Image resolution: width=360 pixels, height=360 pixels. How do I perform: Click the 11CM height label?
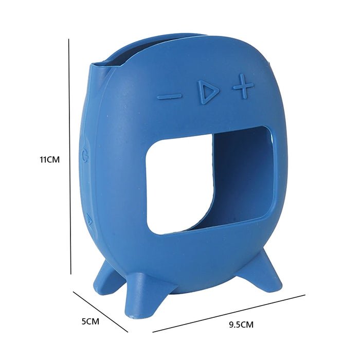click(x=50, y=159)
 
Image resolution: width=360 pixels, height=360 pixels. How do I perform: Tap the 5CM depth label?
click(x=90, y=321)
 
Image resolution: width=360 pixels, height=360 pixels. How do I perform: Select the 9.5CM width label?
click(x=241, y=325)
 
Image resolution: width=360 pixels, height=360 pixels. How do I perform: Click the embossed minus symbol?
click(x=170, y=96)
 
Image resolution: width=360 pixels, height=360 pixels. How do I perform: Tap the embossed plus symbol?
click(x=243, y=87)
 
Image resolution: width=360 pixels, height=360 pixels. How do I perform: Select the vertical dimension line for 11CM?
click(x=69, y=154)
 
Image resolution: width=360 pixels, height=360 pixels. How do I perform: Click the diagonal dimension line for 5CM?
click(x=100, y=312)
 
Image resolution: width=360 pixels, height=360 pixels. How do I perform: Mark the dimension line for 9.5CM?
click(x=229, y=313)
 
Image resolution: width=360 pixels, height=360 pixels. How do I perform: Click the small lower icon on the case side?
click(x=89, y=220)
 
